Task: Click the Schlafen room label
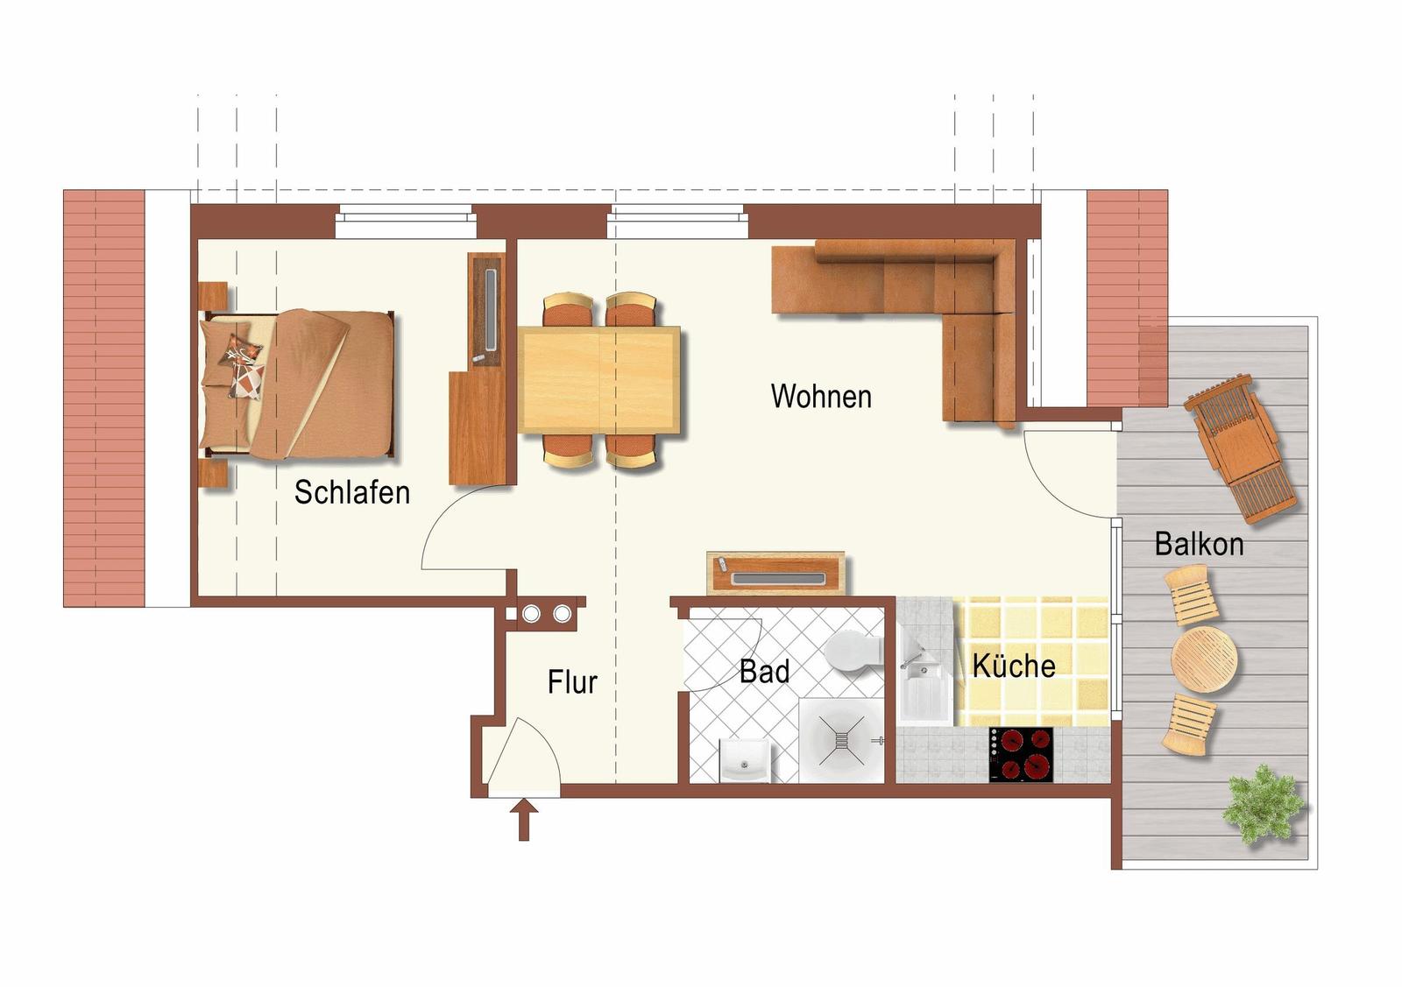tap(351, 492)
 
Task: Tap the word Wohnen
tap(821, 397)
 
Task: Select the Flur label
tap(572, 681)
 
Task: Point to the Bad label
tap(764, 672)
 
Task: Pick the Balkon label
tap(1200, 544)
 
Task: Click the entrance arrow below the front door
tap(524, 820)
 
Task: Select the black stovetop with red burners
tap(1021, 754)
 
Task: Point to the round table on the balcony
tap(1204, 659)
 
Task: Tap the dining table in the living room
tap(599, 380)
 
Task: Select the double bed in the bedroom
tap(297, 384)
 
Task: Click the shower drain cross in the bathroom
tap(842, 740)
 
